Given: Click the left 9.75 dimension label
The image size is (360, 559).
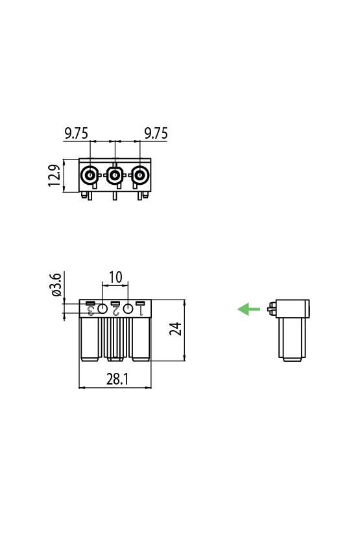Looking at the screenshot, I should [x=76, y=134].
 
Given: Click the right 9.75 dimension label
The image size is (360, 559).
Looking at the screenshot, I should [x=156, y=134].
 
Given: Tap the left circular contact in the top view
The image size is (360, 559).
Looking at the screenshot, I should [x=89, y=175].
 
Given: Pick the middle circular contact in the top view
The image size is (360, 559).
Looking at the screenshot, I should [x=115, y=175].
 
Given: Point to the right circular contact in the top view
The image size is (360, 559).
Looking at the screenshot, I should [x=139, y=175].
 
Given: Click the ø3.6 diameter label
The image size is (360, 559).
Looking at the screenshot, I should [x=56, y=285].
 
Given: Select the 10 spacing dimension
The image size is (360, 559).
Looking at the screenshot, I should [x=115, y=278].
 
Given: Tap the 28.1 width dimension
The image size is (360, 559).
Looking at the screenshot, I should [x=117, y=379].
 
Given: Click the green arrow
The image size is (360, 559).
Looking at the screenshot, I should [x=248, y=309].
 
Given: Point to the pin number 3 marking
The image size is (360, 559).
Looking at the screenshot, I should [x=91, y=311].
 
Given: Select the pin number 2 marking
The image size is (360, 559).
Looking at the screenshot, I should [x=115, y=311].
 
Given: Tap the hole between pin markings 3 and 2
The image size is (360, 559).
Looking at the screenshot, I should [x=102, y=309].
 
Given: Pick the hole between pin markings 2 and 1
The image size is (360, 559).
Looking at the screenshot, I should [x=128, y=309].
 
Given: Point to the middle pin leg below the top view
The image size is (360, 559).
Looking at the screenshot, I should [x=115, y=196].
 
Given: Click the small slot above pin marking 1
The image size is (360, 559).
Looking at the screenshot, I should [x=139, y=303].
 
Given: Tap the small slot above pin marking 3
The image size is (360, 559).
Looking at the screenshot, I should [x=91, y=303].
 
